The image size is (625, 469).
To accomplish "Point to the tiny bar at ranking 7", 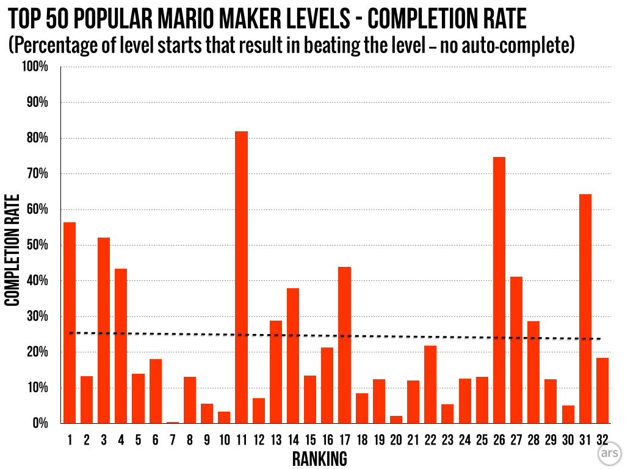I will coord(173,422).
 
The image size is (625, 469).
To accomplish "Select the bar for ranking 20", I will coord(396,420).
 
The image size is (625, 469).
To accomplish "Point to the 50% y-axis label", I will coord(36,245).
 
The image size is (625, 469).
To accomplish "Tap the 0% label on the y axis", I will coord(38,423).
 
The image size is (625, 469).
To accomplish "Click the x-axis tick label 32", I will coord(602,440).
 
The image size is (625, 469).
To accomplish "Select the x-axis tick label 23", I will coord(447,440).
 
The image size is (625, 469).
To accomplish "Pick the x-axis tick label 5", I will coord(138,440).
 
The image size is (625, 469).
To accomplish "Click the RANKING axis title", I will coord(319,458).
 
